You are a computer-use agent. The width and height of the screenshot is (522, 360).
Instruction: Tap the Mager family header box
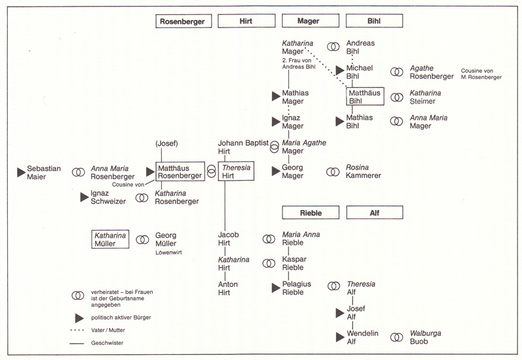click(x=308, y=21)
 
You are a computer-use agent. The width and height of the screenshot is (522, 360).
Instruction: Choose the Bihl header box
click(x=373, y=21)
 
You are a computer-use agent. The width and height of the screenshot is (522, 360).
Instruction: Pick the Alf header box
click(x=373, y=213)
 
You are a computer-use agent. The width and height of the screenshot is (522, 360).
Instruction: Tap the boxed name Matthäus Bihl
click(x=364, y=97)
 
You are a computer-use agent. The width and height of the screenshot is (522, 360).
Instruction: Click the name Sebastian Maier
click(x=44, y=172)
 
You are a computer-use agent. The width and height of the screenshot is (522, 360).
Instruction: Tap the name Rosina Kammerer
click(x=363, y=172)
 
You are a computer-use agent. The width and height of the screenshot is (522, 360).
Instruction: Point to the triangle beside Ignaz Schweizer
click(x=84, y=196)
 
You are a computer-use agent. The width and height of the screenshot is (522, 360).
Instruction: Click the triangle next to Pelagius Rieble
click(x=276, y=287)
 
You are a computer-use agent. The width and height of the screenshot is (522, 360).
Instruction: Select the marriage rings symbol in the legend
click(x=78, y=295)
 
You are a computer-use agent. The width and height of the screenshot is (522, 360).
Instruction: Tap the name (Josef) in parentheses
click(x=168, y=144)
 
